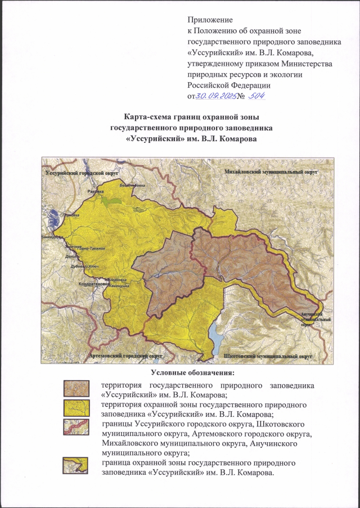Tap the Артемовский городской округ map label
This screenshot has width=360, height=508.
(125, 356)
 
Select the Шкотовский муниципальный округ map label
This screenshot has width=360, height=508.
(267, 356)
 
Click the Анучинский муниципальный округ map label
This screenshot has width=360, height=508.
(310, 317)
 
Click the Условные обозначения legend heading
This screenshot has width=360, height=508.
(192, 372)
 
